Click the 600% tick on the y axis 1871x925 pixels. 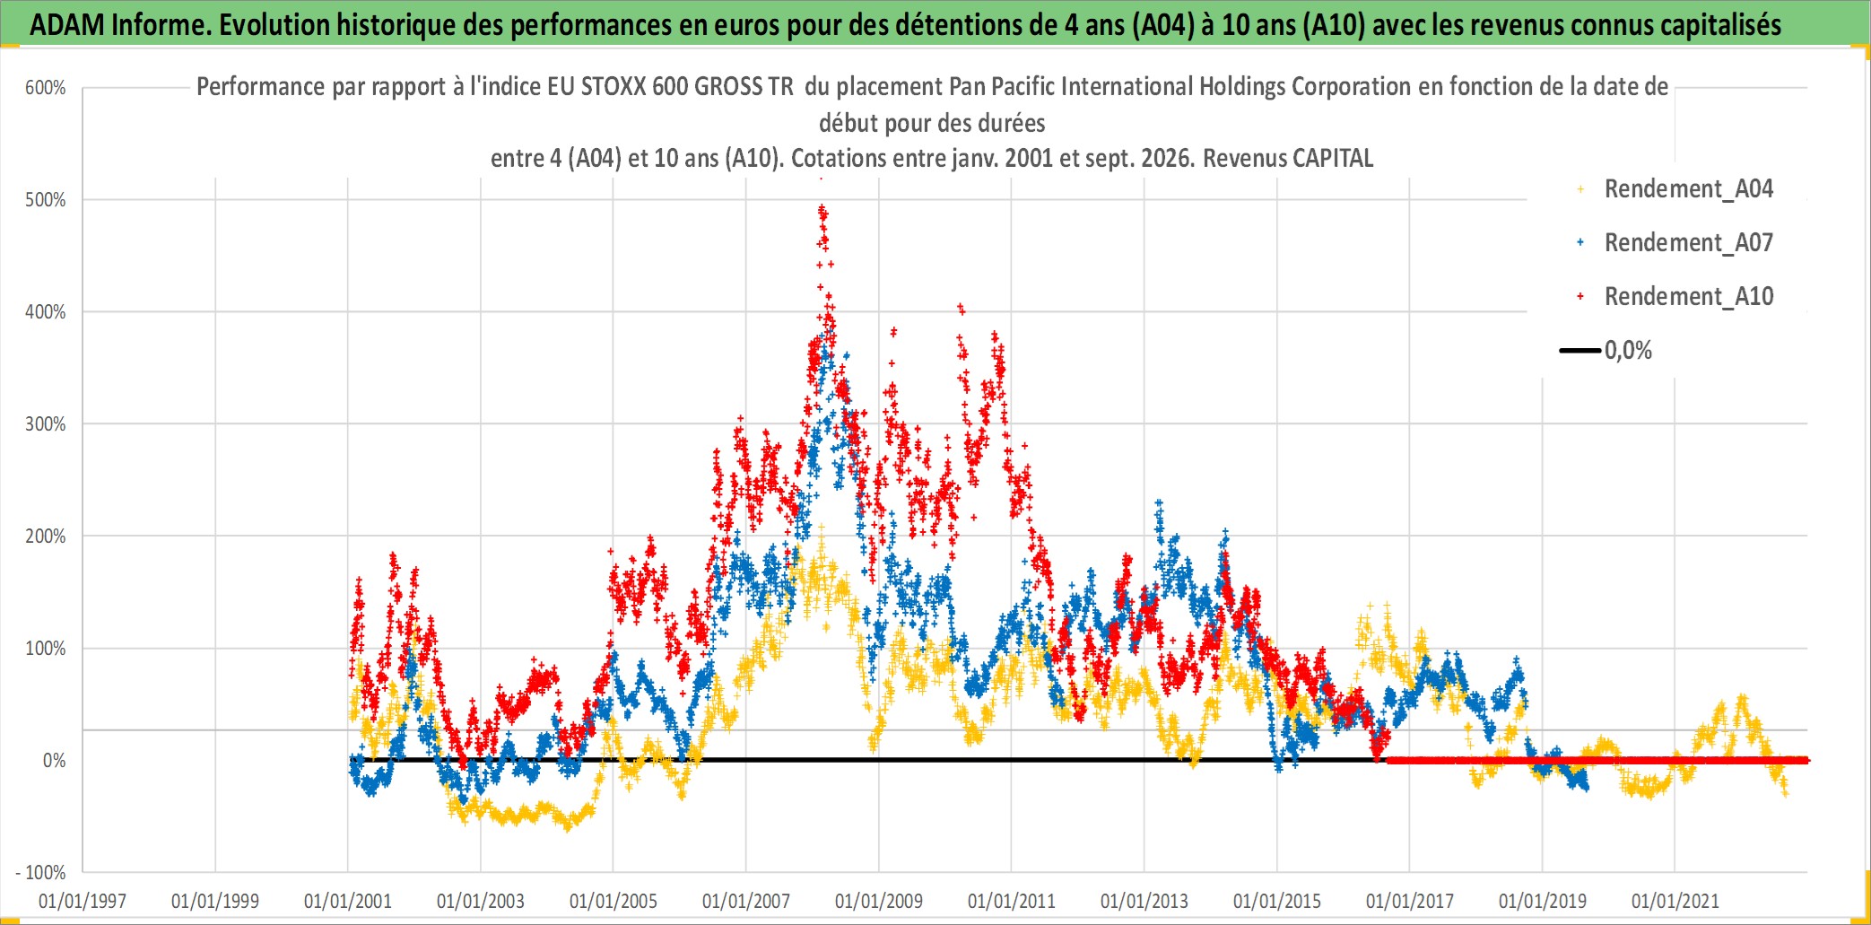click(46, 88)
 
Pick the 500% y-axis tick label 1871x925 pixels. click(46, 200)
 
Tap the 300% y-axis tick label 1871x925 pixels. click(46, 424)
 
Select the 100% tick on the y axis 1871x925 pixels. click(46, 649)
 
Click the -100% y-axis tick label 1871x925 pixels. click(41, 873)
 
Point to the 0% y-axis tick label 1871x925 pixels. click(55, 761)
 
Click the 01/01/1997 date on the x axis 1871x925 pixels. click(83, 901)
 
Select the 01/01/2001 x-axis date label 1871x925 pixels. click(348, 901)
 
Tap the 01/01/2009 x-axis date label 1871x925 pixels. click(879, 901)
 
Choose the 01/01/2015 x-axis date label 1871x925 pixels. click(1277, 901)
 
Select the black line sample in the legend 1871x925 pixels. click(1580, 351)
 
